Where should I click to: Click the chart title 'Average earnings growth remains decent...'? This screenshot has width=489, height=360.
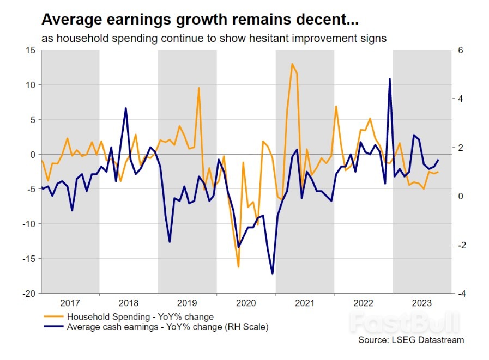click(201, 20)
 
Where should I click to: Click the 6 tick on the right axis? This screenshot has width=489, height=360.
click(460, 50)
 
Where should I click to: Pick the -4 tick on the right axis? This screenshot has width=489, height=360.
click(461, 294)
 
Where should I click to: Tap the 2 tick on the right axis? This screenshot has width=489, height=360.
click(460, 148)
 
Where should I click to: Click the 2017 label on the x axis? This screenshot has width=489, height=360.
click(70, 302)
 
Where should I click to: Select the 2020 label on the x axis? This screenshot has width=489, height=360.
click(246, 302)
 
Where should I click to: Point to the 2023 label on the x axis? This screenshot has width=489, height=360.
click(422, 302)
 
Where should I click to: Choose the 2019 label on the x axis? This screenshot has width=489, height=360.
click(187, 302)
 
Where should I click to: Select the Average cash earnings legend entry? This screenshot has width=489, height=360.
click(167, 327)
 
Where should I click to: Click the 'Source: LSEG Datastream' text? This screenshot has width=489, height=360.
click(411, 340)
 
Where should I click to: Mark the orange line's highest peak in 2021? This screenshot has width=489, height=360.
click(292, 64)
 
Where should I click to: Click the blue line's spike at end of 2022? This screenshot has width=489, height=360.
click(390, 79)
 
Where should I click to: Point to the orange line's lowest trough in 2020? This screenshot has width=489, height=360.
click(238, 266)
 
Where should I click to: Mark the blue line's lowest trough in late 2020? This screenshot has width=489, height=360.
click(272, 274)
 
